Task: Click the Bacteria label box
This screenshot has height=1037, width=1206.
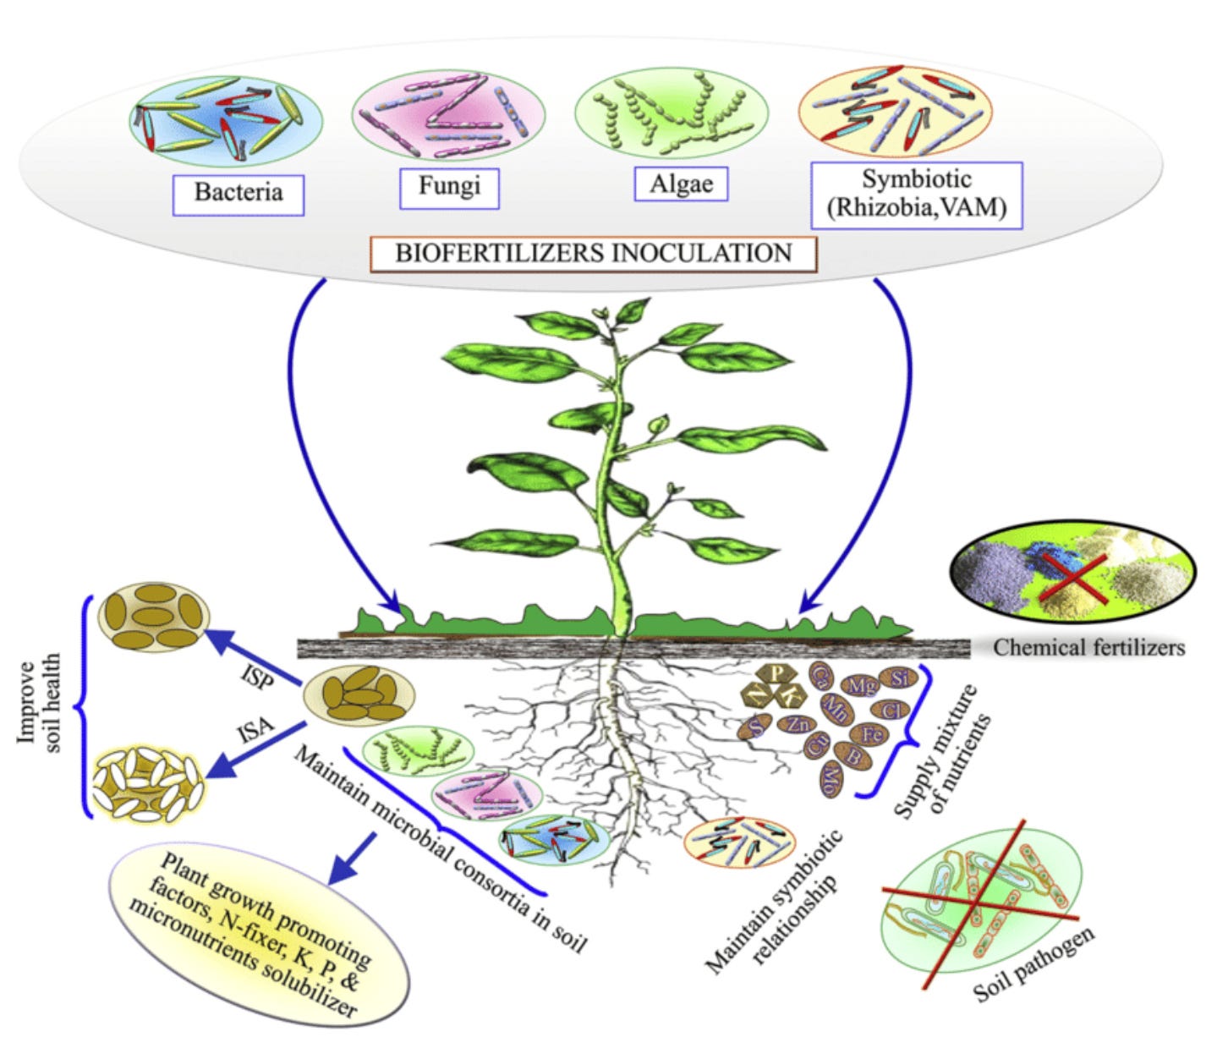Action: coord(238,193)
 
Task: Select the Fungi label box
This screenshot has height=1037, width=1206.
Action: coord(449,186)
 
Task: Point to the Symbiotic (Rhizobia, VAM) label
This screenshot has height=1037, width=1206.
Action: coord(916,195)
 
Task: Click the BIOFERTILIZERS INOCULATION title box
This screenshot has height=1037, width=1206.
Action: coord(594,253)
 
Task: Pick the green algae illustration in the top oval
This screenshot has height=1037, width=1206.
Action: coord(672,115)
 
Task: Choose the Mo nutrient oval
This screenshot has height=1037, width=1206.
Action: coord(832,776)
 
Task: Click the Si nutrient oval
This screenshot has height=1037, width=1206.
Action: coord(898,678)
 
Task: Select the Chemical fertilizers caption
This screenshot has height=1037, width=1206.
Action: coord(1089,648)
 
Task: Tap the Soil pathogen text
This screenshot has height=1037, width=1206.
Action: coord(1034,964)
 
